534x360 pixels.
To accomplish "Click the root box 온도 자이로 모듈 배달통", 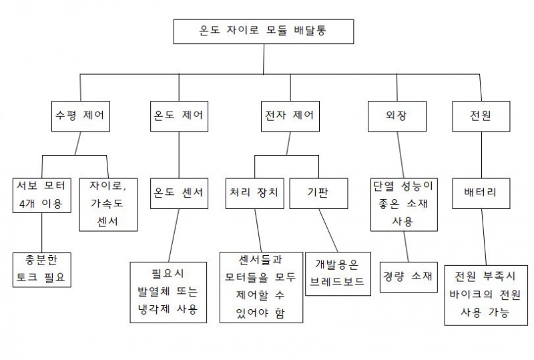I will (x=263, y=31).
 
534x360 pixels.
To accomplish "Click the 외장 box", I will (x=396, y=116).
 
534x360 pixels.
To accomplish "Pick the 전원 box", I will (x=481, y=116).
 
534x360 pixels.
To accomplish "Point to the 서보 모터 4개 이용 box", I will (x=41, y=195).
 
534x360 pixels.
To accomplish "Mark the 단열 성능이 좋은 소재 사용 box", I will (x=404, y=203).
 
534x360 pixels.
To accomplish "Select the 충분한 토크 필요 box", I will (x=41, y=268).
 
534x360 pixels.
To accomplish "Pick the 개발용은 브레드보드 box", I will (x=337, y=273).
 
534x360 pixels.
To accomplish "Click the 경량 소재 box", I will (x=409, y=275).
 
